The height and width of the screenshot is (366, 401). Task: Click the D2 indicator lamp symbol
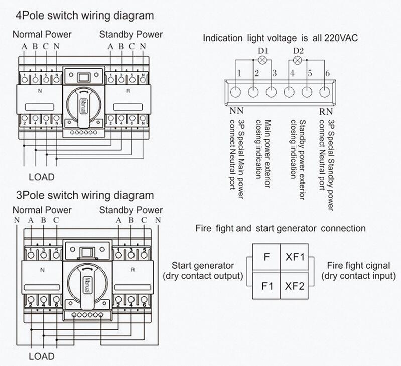click(297, 60)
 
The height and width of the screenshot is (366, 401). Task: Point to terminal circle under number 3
click(272, 92)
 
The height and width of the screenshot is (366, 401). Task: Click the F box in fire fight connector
click(267, 257)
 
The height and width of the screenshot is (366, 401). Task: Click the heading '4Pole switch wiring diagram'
click(85, 16)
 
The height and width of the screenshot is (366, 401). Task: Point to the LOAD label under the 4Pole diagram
click(41, 177)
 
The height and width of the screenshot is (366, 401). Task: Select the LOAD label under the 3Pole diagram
click(41, 357)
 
